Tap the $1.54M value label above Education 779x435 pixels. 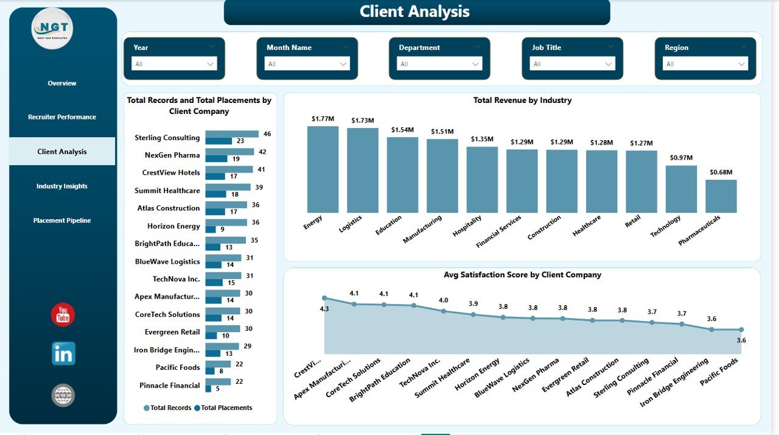[402, 130]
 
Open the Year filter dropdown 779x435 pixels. [175, 64]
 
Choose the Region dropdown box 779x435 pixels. [705, 64]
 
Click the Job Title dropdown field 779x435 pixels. [573, 64]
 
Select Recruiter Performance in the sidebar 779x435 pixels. [62, 117]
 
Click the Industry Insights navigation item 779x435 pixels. [62, 186]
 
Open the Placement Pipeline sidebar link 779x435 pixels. [62, 221]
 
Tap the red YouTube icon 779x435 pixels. [63, 315]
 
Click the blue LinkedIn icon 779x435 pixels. [63, 353]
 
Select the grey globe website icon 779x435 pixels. [63, 395]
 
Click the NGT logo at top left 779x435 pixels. [52, 28]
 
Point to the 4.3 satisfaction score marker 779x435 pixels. [324, 298]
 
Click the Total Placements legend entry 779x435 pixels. [223, 408]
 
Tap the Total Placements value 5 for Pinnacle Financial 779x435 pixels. [217, 389]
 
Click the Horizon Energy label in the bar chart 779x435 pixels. [173, 226]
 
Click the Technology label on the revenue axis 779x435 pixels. [665, 227]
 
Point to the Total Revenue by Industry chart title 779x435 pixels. [522, 101]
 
